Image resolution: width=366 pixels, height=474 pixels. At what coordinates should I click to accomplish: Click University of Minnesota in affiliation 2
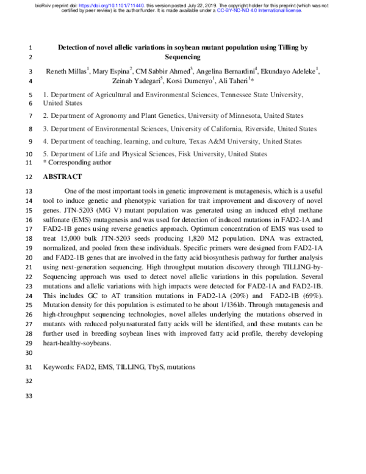[216, 115]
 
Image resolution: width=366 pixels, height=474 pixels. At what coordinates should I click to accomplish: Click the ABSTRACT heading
[62, 177]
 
